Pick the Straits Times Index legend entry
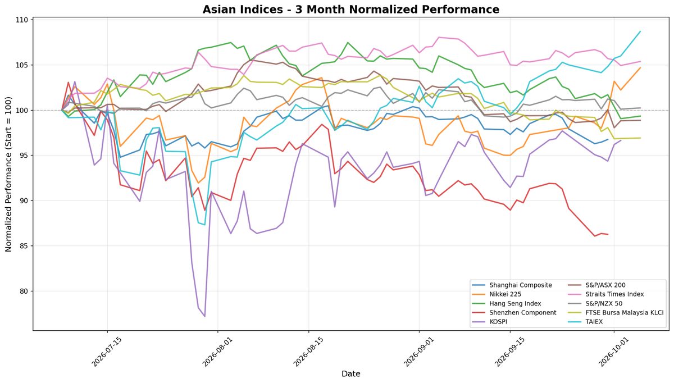coord(606,294)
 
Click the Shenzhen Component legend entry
coord(514,313)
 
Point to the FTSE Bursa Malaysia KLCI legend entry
coord(616,313)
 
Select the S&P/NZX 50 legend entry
coord(595,303)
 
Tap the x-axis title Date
coord(351,374)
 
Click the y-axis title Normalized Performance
coord(8,174)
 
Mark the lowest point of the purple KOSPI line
coord(204,317)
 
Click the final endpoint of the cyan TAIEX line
coord(640,31)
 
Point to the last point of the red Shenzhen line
coord(608,234)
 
